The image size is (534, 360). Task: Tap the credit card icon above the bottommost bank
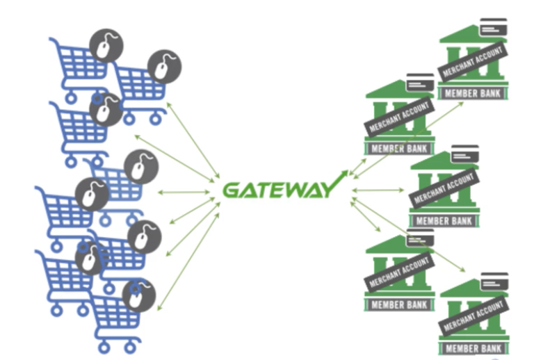494,278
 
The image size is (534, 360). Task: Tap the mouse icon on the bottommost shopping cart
135,295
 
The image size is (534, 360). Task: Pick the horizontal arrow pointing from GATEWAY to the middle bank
378,189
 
